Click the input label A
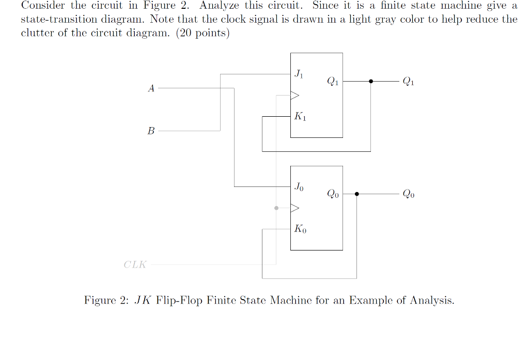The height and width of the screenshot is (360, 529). tap(151, 89)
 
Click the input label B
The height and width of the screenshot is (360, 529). tap(151, 131)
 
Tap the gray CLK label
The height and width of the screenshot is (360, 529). tap(135, 265)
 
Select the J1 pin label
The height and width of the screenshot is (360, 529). tap(299, 74)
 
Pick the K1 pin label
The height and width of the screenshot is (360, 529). tap(300, 117)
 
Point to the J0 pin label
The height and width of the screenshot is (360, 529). tap(299, 186)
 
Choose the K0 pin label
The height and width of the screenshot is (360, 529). tap(300, 229)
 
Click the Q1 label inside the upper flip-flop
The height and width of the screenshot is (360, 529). tap(333, 82)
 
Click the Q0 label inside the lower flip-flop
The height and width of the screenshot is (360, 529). tap(333, 194)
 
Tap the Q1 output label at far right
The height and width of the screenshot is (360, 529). tap(408, 82)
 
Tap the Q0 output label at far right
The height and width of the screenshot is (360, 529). tap(408, 194)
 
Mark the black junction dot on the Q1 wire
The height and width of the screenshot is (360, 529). tap(370, 81)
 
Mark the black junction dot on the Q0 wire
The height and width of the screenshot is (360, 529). tap(356, 194)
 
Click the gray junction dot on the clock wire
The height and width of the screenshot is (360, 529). tap(276, 208)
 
